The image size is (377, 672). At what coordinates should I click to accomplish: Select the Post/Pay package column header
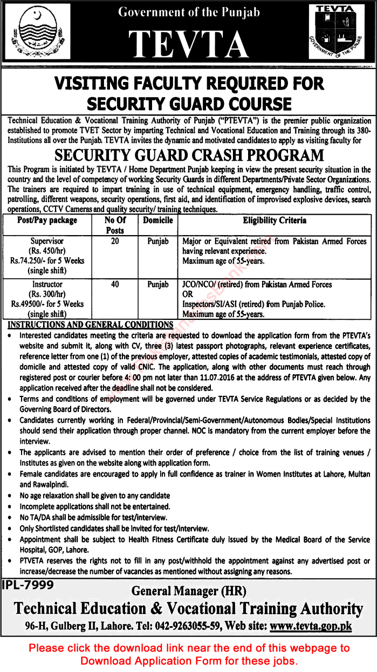point(47,221)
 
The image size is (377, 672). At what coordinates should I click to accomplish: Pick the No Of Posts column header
point(115,225)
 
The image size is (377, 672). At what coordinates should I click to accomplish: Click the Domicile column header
point(158,221)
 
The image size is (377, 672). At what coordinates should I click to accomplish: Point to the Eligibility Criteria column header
point(275,221)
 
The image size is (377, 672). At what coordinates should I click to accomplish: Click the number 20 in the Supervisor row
point(115,241)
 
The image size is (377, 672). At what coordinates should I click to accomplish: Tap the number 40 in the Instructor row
point(115,284)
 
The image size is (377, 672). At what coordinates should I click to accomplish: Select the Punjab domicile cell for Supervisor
point(158,241)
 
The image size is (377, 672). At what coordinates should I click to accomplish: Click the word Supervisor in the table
point(47,241)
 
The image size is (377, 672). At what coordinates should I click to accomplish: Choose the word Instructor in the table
point(47,284)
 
